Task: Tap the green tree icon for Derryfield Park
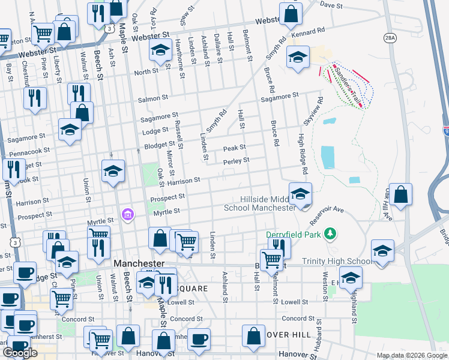328,233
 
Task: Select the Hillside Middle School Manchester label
259,203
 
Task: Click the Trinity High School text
336,261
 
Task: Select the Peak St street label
234,148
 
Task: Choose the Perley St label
236,160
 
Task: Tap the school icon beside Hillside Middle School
300,194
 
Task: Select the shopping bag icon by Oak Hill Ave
400,194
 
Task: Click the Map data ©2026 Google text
411,355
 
